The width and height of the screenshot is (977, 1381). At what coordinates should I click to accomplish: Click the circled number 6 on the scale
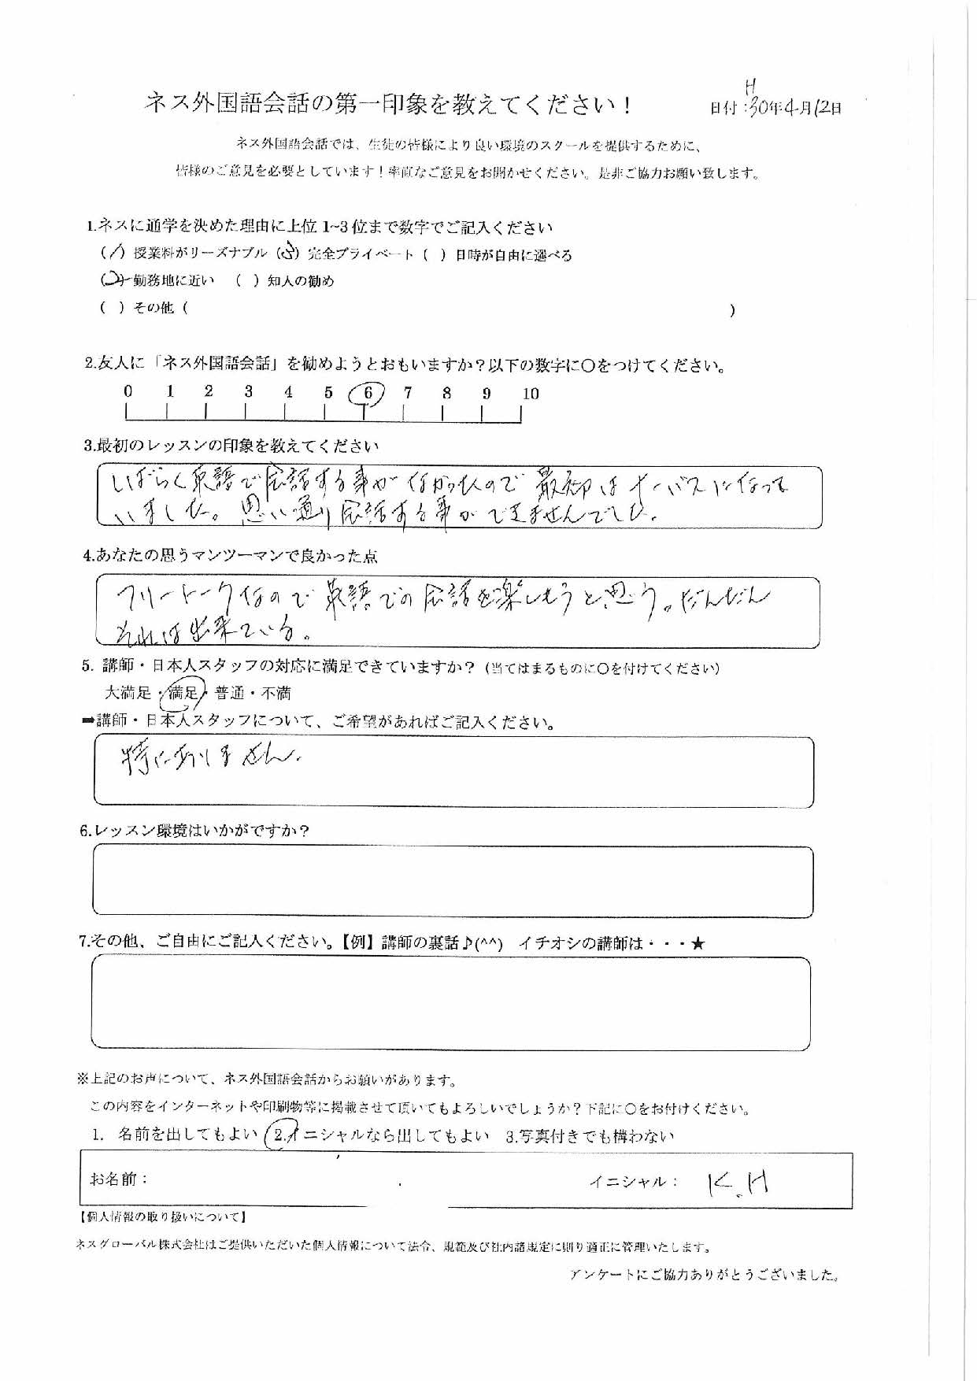[368, 393]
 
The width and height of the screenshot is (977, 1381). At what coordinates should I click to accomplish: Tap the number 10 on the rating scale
[531, 394]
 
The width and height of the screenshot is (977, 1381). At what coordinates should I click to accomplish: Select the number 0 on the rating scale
[128, 391]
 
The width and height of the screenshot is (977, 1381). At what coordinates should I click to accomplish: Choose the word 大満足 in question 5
[128, 693]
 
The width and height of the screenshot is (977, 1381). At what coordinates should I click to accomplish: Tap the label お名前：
[119, 1179]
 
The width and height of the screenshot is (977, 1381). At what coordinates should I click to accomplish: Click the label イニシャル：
[632, 1181]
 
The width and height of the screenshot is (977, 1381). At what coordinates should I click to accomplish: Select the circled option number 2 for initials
[279, 1136]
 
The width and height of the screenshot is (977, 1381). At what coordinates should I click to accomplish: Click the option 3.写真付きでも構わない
[590, 1136]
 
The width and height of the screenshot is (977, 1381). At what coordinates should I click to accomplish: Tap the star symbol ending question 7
[697, 943]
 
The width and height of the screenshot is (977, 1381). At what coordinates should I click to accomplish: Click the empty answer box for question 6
[453, 882]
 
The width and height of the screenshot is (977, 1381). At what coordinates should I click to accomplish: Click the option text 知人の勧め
[300, 281]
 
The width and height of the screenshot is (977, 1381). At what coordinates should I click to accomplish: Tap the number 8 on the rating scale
[446, 394]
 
